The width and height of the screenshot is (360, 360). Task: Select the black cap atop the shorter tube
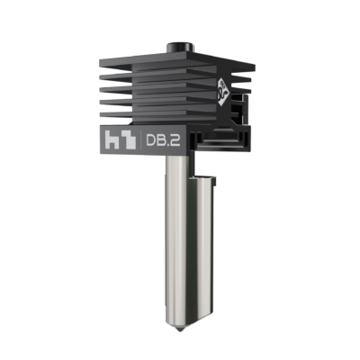(x=206, y=177)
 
